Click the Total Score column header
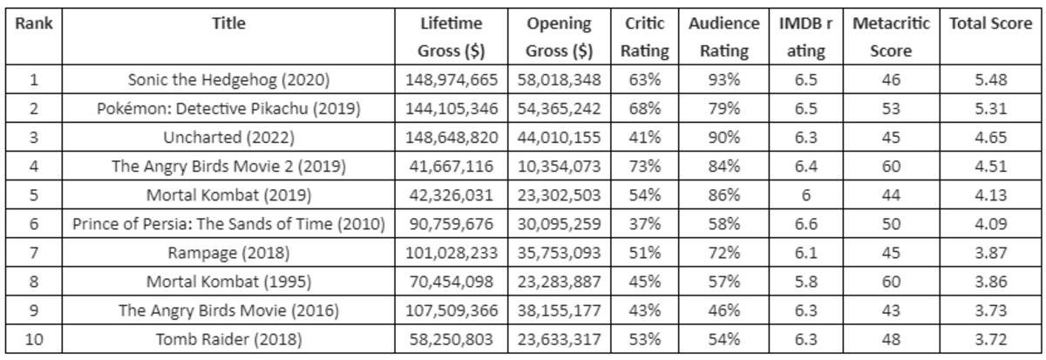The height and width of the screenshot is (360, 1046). (990, 24)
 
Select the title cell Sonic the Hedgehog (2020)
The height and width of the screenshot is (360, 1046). (228, 80)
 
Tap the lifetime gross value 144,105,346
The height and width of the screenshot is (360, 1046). (452, 109)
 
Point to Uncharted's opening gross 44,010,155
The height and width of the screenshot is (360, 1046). (559, 138)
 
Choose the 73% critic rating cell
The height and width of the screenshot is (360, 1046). (644, 166)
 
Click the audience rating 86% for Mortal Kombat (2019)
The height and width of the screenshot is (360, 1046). (723, 195)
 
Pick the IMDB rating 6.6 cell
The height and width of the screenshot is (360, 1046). (806, 224)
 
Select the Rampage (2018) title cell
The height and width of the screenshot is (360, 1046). (228, 253)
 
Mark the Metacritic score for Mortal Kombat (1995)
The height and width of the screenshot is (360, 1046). (891, 282)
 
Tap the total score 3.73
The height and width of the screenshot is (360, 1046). (990, 311)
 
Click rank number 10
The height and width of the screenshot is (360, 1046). (34, 339)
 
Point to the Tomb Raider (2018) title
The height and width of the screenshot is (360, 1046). (228, 339)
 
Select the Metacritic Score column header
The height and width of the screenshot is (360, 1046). (891, 37)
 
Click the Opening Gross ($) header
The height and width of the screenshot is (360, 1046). (559, 37)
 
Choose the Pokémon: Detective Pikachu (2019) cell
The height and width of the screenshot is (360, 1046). (228, 109)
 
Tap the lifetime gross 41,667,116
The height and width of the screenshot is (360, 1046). (452, 166)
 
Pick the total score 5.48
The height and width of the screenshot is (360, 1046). (990, 80)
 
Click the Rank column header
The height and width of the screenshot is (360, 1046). (34, 24)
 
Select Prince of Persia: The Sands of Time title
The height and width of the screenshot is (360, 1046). (228, 224)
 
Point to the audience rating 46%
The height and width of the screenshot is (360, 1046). (723, 311)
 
